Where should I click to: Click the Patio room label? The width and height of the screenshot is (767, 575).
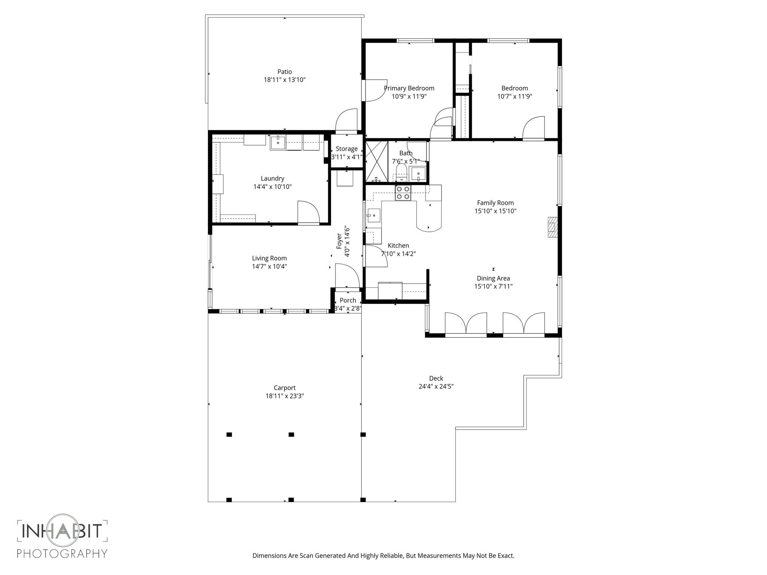(x=284, y=72)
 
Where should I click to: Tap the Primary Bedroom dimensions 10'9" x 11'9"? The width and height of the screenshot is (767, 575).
(x=409, y=96)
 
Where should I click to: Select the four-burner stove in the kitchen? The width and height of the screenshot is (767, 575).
(x=403, y=193)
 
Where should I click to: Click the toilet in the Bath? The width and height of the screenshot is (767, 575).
(x=401, y=173)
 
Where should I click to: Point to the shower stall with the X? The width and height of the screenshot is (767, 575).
(x=376, y=161)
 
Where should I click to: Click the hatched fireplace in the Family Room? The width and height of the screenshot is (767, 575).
(x=552, y=227)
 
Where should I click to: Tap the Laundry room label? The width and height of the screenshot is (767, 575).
(x=272, y=179)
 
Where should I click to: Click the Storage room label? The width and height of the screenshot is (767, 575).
(x=346, y=149)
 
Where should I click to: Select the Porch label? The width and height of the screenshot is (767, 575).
(x=348, y=300)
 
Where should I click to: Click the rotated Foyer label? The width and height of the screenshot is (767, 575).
(x=339, y=241)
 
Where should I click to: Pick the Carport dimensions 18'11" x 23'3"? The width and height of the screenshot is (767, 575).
(x=284, y=396)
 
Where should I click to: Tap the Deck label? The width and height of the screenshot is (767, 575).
(x=436, y=378)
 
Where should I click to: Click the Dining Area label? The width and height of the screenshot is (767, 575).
(x=493, y=278)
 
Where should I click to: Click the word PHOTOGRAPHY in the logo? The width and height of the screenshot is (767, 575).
(x=62, y=553)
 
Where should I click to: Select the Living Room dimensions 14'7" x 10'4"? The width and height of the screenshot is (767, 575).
(x=269, y=267)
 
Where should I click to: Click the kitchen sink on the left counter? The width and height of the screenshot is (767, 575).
(x=373, y=216)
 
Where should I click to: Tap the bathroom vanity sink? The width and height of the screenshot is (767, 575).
(x=418, y=174)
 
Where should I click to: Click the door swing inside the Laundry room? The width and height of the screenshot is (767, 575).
(x=308, y=212)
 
